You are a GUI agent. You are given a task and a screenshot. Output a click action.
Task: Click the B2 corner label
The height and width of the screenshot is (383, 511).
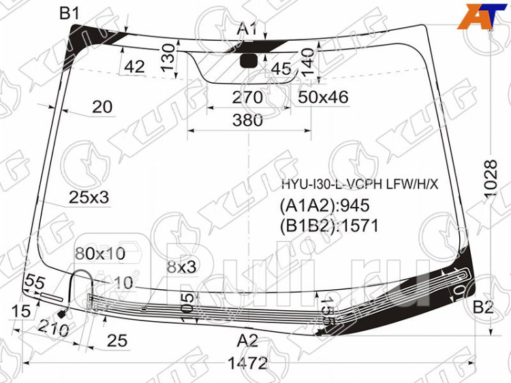(483, 307)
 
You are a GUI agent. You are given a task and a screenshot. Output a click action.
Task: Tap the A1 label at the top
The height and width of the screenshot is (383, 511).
(247, 29)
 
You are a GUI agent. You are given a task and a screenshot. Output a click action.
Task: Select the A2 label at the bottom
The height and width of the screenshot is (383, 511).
(247, 340)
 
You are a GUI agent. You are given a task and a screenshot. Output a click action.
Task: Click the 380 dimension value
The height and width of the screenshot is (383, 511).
(247, 121)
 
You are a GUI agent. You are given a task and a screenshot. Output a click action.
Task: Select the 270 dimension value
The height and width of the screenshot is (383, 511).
(247, 98)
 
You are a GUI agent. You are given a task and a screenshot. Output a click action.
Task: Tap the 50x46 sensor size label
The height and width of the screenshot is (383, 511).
(323, 98)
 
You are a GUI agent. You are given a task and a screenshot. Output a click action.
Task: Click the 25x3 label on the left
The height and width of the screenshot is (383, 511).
(89, 197)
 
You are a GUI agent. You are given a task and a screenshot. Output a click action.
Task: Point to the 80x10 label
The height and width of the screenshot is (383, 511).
(100, 254)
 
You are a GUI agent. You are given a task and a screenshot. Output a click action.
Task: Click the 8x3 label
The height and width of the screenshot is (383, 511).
(181, 267)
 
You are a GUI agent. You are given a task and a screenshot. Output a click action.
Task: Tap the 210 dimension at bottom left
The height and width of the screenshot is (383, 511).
(55, 329)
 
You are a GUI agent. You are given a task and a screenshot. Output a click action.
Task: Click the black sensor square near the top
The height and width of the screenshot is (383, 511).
(250, 61)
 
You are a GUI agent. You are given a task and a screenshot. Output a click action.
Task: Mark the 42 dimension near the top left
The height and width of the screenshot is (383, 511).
(134, 67)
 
